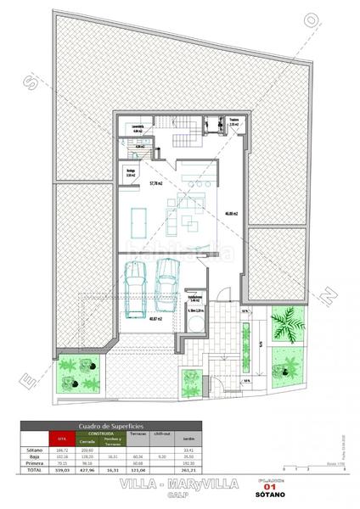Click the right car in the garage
(166, 281)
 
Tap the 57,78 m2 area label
(155, 183)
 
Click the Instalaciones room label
(195, 298)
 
